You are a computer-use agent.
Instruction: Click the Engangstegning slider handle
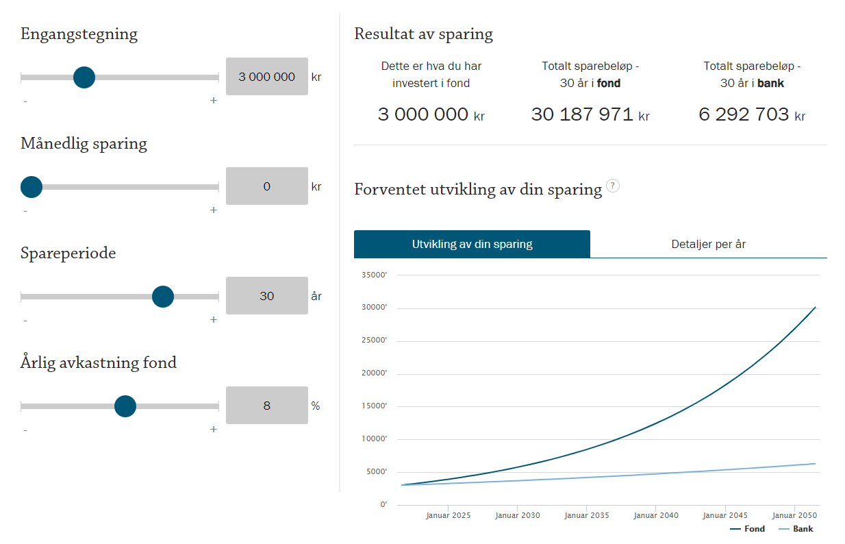84,77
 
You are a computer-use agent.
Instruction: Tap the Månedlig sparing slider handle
31,187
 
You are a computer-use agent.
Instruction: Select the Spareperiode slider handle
163,297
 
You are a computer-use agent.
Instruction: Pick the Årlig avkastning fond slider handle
125,406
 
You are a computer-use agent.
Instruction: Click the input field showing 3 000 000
266,77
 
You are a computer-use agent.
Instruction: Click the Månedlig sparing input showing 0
266,186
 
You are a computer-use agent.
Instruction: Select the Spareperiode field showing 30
266,295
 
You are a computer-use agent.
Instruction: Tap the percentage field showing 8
266,406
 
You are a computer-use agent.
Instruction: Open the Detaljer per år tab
709,245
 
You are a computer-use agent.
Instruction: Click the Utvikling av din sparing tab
472,245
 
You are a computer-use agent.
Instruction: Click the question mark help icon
613,186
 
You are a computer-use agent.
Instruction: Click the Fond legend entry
747,529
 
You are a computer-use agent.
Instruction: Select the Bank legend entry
796,529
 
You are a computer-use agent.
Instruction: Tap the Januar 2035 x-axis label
587,515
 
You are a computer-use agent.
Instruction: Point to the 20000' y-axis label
374,373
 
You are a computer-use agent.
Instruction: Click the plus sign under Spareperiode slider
214,320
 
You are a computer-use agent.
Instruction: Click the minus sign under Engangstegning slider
25,101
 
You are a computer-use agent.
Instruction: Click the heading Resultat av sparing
423,34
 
